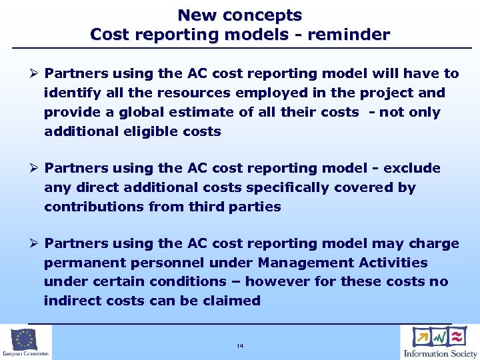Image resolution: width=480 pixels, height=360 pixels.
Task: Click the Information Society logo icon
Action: pyautogui.click(x=440, y=336)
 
